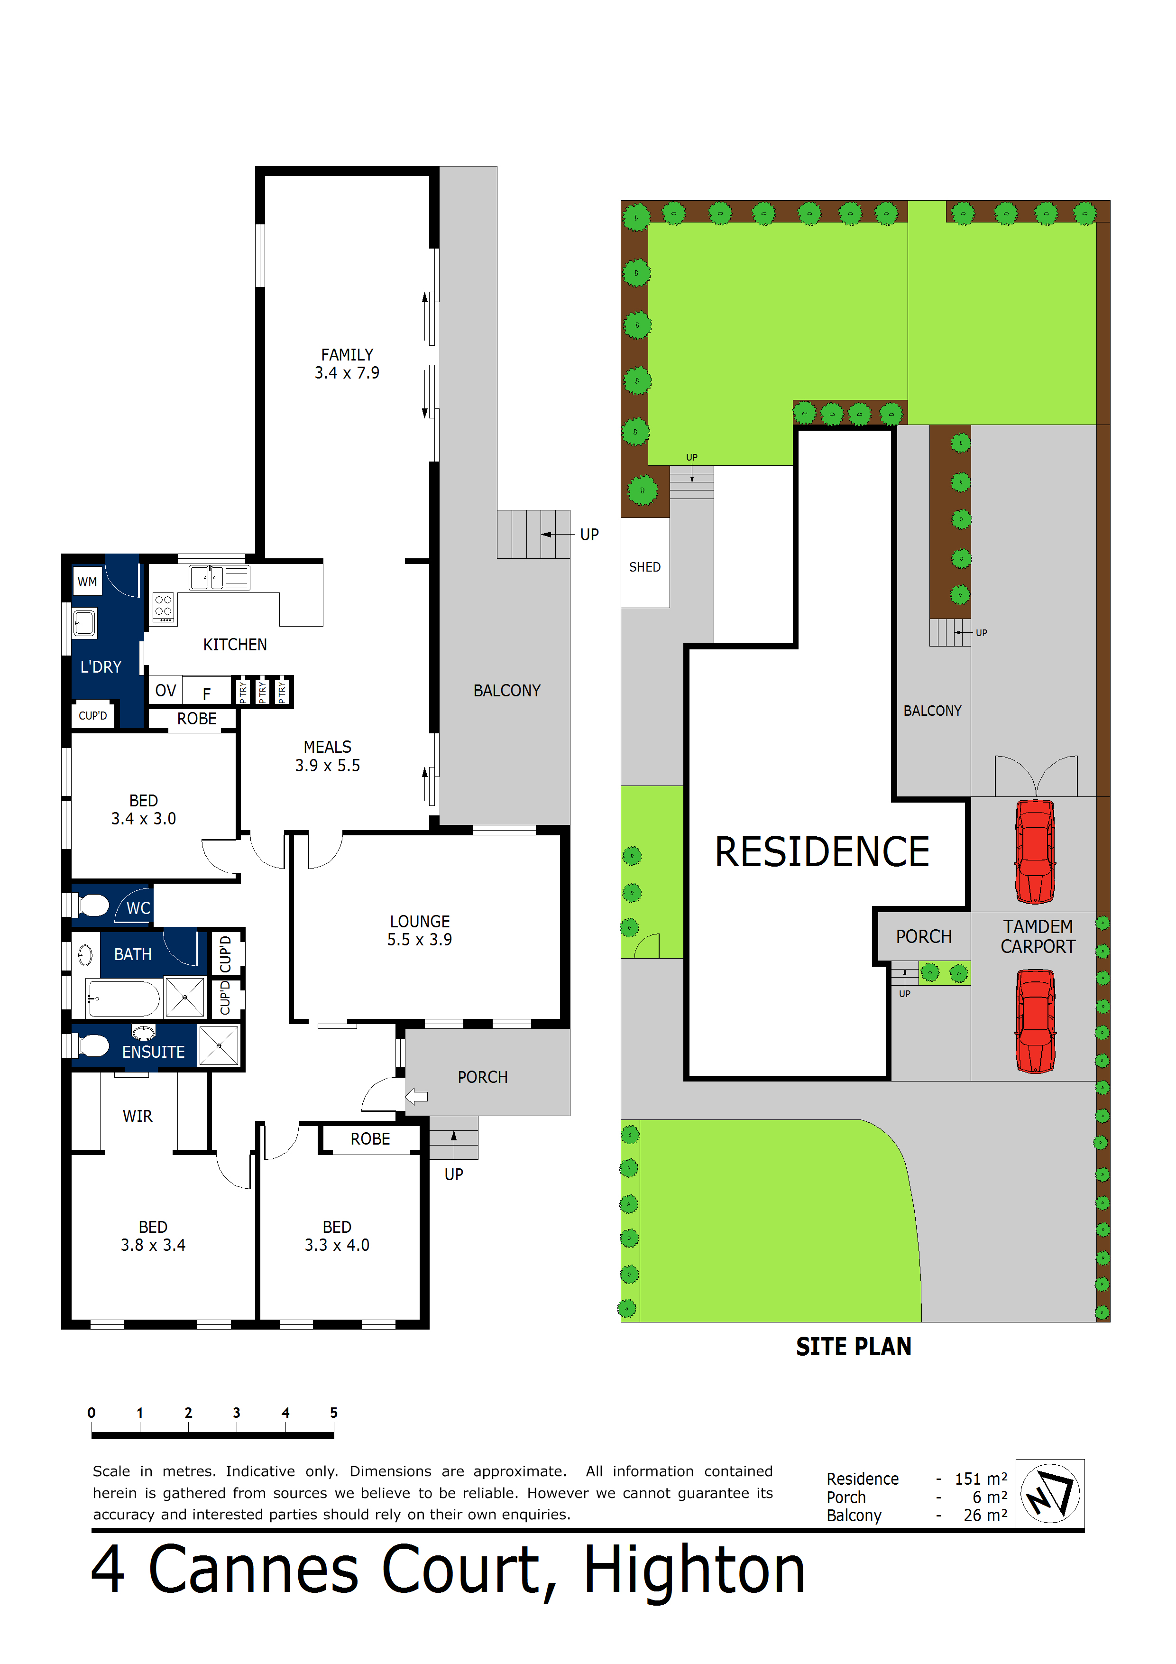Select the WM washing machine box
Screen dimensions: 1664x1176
(88, 582)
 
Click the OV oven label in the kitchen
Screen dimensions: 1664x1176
(165, 691)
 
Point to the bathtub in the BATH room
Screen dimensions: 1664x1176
(123, 998)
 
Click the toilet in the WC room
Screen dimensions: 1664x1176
(93, 905)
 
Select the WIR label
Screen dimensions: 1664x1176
(137, 1116)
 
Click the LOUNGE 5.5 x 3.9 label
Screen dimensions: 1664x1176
(420, 931)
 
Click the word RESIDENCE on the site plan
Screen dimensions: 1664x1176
(822, 852)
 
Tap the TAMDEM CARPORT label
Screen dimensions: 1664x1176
(1038, 936)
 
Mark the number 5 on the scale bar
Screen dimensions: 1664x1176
(333, 1413)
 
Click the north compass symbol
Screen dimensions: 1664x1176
(1049, 1494)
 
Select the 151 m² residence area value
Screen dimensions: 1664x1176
(980, 1479)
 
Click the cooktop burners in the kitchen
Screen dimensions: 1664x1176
(164, 607)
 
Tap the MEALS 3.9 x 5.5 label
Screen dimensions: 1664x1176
(328, 756)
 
